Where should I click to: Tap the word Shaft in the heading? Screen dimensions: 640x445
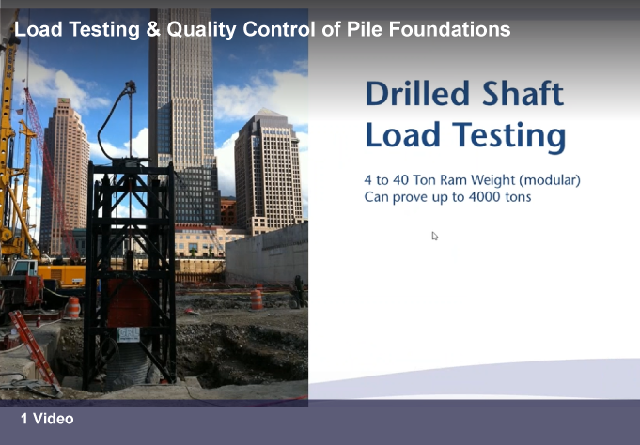(x=523, y=93)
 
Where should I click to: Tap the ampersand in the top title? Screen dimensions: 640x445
(x=153, y=29)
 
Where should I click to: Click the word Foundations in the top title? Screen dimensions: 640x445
(x=449, y=29)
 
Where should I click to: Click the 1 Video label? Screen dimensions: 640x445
(x=47, y=419)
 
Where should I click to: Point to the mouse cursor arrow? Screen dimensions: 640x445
(x=435, y=237)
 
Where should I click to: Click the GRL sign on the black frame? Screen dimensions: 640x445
(x=128, y=335)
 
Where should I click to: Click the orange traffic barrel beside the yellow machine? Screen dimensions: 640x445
(x=73, y=308)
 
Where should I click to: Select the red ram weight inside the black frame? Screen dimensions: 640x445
(x=130, y=302)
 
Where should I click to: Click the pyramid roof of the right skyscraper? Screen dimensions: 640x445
(x=266, y=115)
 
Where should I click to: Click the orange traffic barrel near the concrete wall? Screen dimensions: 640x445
(x=257, y=299)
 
